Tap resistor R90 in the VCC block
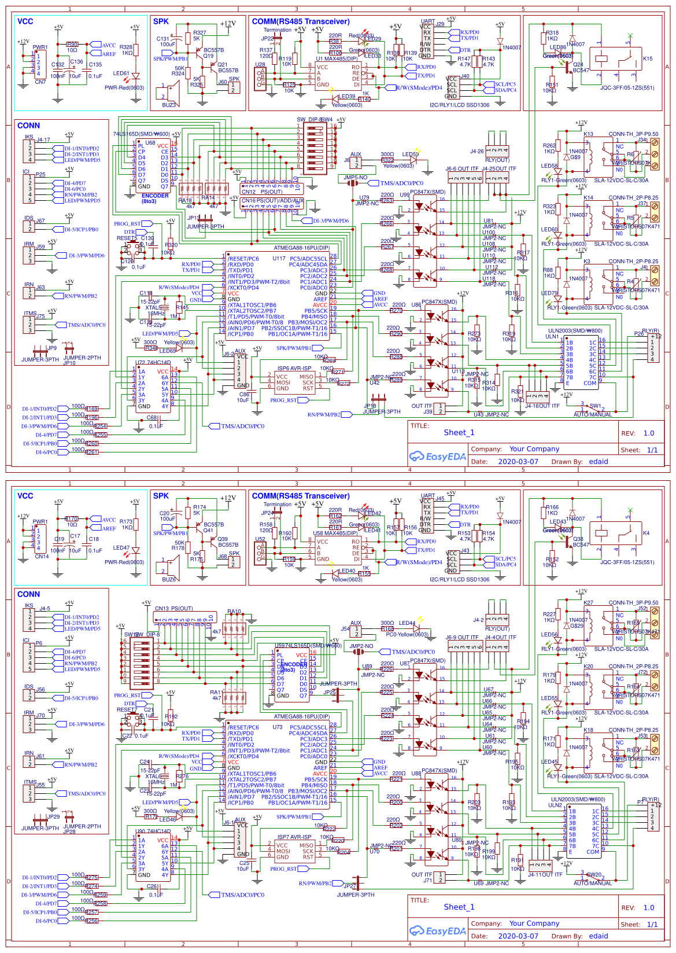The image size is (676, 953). point(72,44)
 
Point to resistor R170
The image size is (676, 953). point(72,518)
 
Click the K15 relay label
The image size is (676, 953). point(648,58)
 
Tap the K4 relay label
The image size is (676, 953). point(646,533)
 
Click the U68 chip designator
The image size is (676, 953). point(150,142)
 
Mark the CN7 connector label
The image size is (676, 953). point(40,82)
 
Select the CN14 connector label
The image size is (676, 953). point(42,557)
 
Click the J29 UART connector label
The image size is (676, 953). point(440,24)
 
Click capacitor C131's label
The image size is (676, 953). point(162,39)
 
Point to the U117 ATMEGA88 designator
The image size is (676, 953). point(279,259)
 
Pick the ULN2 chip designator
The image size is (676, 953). point(555,805)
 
